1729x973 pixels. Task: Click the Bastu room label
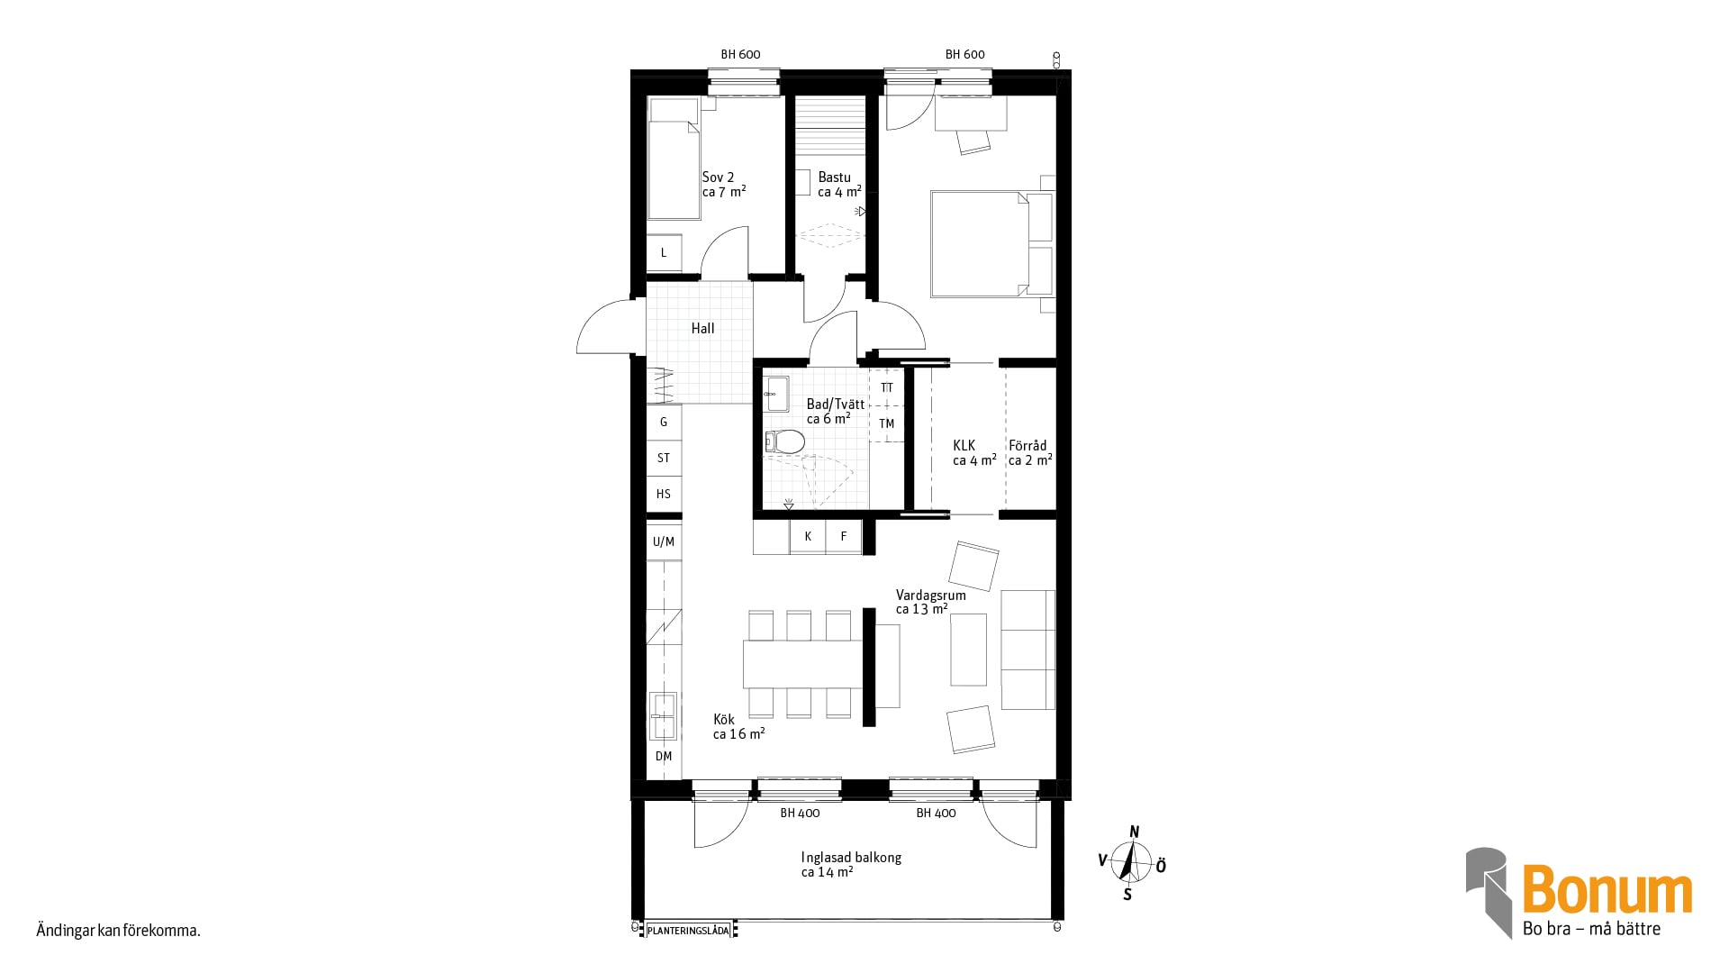(834, 177)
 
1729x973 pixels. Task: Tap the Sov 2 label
(718, 177)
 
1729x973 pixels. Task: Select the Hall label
(703, 329)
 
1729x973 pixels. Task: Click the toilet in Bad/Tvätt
(785, 441)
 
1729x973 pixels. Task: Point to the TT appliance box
(887, 387)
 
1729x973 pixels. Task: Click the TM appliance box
(887, 423)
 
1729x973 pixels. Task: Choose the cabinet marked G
(664, 422)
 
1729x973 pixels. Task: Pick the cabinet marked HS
(664, 494)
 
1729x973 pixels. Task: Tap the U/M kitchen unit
(664, 541)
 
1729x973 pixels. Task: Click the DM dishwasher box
(664, 757)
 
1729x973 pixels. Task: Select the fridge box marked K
(808, 537)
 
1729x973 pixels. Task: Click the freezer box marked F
(844, 537)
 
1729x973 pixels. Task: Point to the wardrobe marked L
(664, 253)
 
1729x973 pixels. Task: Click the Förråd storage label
(1027, 446)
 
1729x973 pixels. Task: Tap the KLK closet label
(964, 446)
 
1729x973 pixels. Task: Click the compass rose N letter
(1135, 832)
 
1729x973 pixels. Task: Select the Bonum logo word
(1607, 890)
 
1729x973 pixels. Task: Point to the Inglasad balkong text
(851, 858)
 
